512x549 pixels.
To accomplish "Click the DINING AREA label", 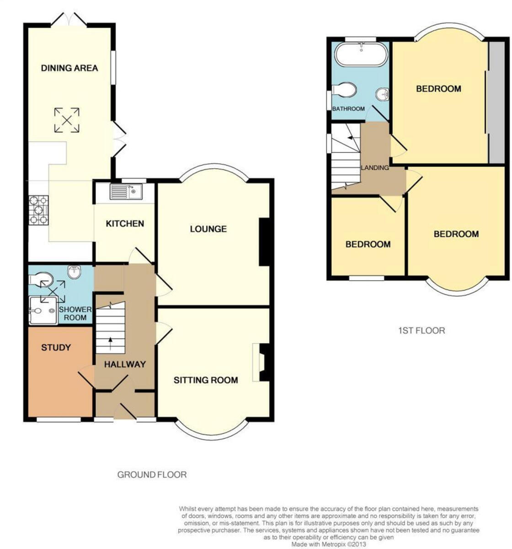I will point(69,68).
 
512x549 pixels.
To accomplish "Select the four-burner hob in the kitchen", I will point(39,210).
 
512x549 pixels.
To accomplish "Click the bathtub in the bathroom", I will point(361,55).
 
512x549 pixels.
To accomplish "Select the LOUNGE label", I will point(208,229).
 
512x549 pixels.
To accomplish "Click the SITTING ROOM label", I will point(206,380).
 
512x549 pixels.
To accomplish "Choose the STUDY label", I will point(56,348).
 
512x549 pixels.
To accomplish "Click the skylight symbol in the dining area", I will point(67,120).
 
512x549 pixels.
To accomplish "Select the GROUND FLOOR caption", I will point(152,474).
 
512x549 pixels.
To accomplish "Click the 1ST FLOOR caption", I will point(421,330).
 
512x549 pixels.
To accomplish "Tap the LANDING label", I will point(375,167).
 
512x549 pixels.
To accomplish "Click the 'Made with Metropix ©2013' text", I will point(329,544).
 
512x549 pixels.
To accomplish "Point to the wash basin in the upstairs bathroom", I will point(382,94).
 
